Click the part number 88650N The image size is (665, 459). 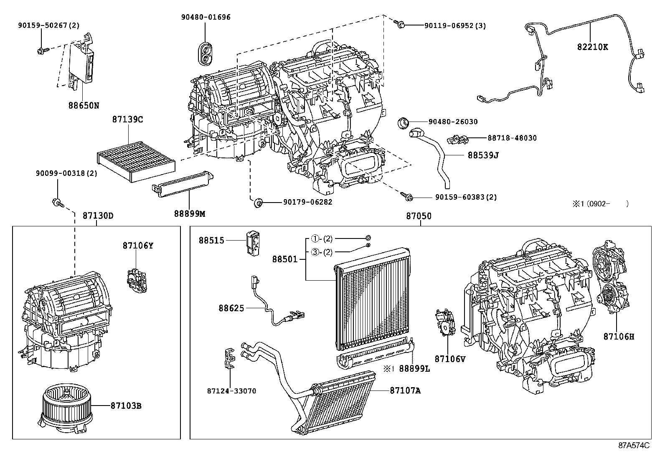tap(84, 106)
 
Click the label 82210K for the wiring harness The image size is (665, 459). tap(593, 47)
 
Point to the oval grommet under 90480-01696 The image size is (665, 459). tap(206, 53)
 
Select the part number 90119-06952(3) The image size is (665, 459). tap(455, 25)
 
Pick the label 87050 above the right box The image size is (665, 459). tap(419, 216)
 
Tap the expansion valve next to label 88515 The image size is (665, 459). tap(254, 242)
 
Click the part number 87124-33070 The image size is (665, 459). tap(231, 391)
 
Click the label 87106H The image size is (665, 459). tap(619, 336)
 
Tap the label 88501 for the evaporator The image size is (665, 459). tap(284, 259)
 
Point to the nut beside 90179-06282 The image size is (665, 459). tap(258, 203)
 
